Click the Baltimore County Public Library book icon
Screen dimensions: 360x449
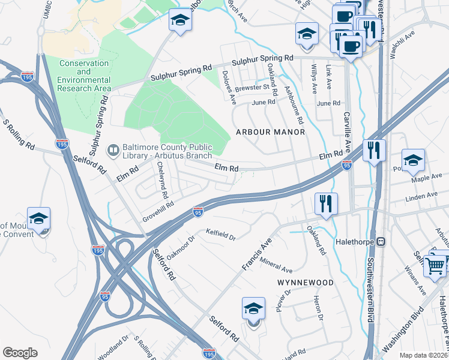coord(112,149)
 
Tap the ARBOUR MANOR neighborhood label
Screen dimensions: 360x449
coord(270,131)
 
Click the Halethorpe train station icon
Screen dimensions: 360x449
coord(379,241)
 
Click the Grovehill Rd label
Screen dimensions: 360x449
coord(158,208)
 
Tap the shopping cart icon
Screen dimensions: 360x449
coord(435,264)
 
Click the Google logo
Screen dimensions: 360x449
coord(20,352)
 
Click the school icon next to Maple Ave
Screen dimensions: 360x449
coord(413,161)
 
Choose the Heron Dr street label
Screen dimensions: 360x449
coord(319,309)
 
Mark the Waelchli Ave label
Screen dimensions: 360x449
coord(402,45)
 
